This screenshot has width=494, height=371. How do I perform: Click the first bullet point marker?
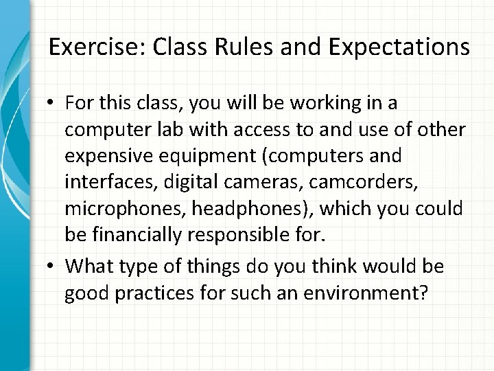coord(53,103)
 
